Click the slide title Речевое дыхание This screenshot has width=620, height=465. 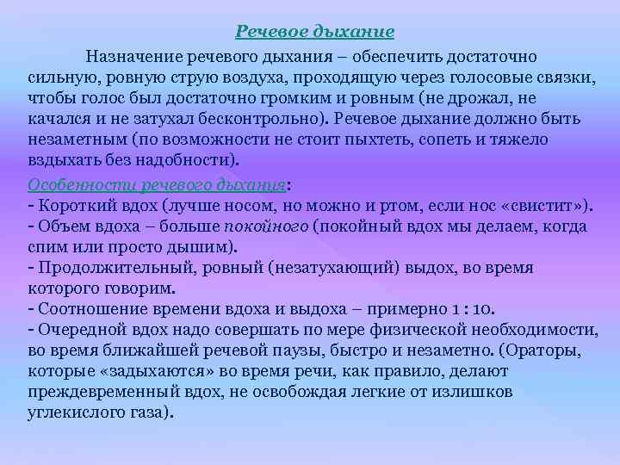(x=315, y=32)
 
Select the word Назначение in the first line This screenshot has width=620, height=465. (x=128, y=56)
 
